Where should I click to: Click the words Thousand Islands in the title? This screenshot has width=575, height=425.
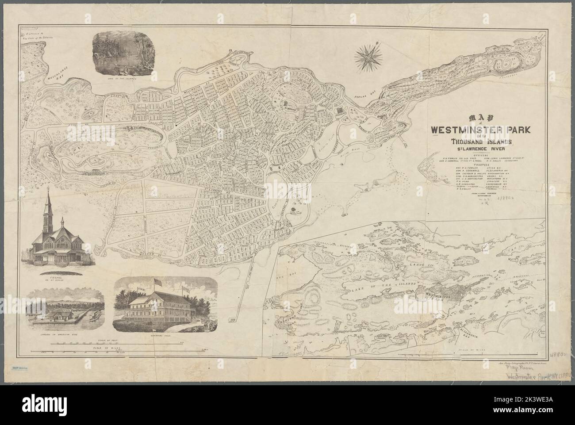[481, 142]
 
